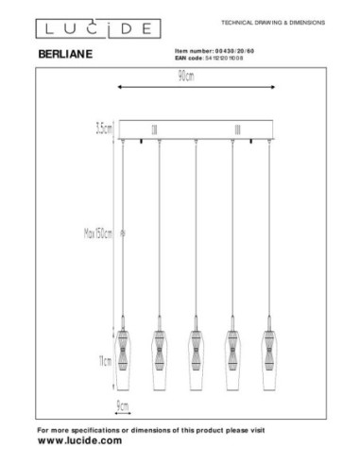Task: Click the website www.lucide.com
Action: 79,440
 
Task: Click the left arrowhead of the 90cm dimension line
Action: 117,88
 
